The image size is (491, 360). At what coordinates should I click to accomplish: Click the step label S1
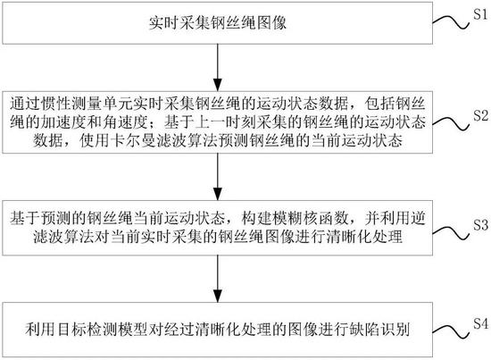[x=480, y=14]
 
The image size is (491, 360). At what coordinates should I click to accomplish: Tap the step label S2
[x=480, y=115]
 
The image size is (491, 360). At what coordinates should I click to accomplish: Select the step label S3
[x=480, y=224]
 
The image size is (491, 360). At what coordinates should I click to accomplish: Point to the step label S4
[x=480, y=323]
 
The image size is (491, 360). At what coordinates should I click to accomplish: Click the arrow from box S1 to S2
[x=218, y=68]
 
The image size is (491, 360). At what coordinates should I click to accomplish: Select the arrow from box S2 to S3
[x=218, y=177]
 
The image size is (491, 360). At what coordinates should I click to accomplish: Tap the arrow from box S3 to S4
[x=218, y=279]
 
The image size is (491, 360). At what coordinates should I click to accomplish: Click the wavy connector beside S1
[x=451, y=22]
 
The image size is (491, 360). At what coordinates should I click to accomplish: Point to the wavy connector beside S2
[x=451, y=123]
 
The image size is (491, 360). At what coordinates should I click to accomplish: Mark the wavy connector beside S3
[x=451, y=233]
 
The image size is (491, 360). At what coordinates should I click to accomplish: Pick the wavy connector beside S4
[x=451, y=331]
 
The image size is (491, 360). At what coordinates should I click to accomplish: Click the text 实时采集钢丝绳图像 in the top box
[x=218, y=23]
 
